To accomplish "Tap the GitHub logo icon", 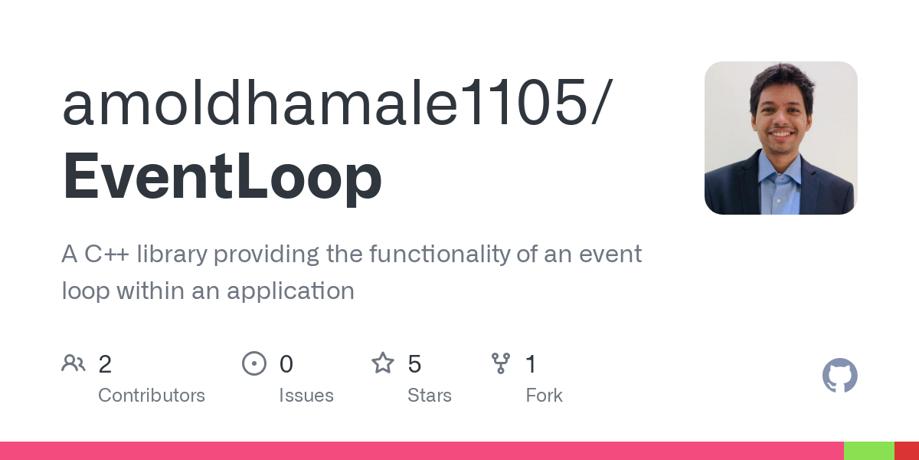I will pyautogui.click(x=839, y=376).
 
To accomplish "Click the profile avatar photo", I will pyautogui.click(x=780, y=138).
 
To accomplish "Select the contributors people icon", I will pyautogui.click(x=74, y=363).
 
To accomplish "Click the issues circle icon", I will pyautogui.click(x=254, y=363).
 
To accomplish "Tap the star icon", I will pyautogui.click(x=383, y=363).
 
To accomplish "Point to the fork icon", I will pyautogui.click(x=501, y=363).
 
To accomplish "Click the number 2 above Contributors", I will pyautogui.click(x=105, y=364).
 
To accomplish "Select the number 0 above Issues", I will pyautogui.click(x=286, y=364).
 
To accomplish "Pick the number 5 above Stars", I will pyautogui.click(x=414, y=364).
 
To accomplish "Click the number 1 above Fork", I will pyautogui.click(x=531, y=364).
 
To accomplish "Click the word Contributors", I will pyautogui.click(x=152, y=396).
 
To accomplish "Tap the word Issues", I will pyautogui.click(x=306, y=396).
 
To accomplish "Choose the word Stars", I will pyautogui.click(x=430, y=396).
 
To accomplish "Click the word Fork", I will pyautogui.click(x=545, y=396).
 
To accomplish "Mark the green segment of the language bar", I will pyautogui.click(x=868, y=451).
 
